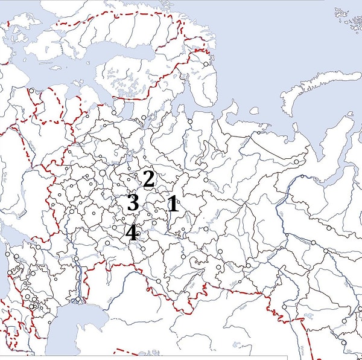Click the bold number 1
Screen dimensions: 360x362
[173, 204]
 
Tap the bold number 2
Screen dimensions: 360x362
[148, 179]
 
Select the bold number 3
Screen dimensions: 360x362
[133, 202]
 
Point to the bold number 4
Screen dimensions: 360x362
[132, 233]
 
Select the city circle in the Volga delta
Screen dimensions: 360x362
[78, 299]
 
